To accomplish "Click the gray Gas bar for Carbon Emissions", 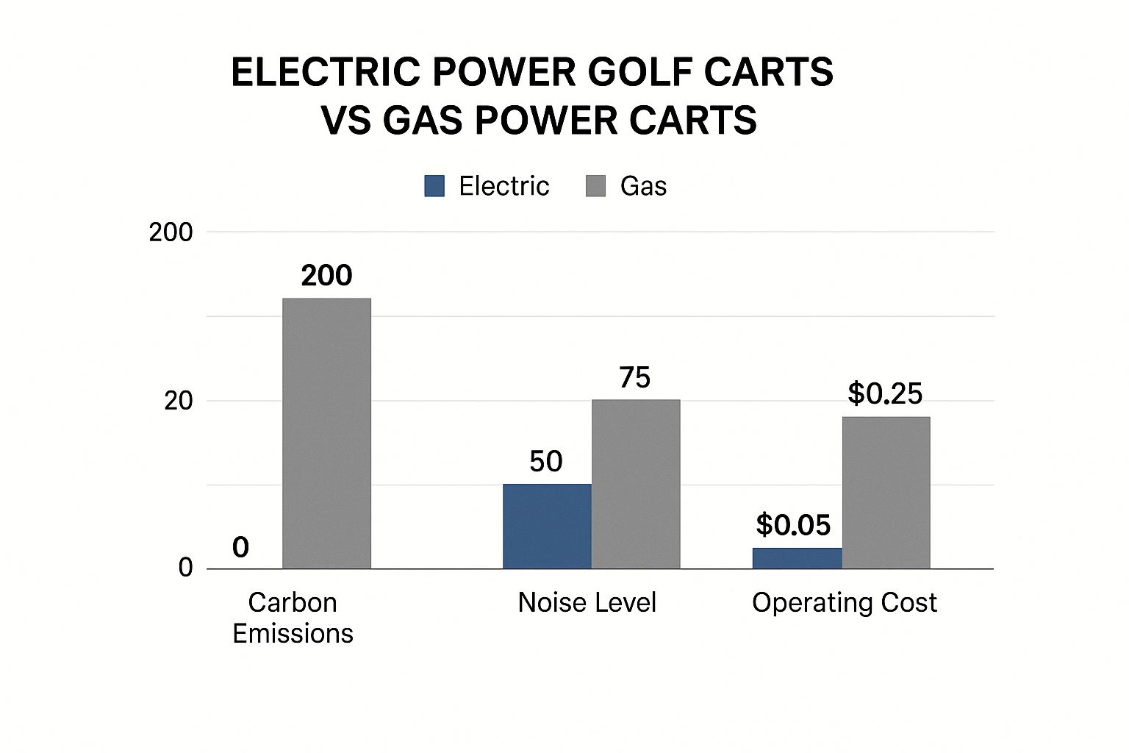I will (x=326, y=433).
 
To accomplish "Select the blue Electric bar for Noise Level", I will (x=547, y=526).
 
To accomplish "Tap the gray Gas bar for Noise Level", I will (x=636, y=484).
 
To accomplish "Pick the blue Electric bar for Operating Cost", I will (x=797, y=558).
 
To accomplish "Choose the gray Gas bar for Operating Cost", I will (x=886, y=493).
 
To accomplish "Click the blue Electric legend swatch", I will (x=434, y=186).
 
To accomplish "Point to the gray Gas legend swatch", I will (x=595, y=186).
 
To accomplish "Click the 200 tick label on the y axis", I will (x=171, y=232).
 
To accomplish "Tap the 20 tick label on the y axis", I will (x=178, y=401).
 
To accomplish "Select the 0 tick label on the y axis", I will (x=185, y=568).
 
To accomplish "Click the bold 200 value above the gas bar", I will (x=326, y=276).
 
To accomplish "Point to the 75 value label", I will (x=635, y=378).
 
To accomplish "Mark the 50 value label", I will (x=546, y=462).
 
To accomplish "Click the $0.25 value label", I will (x=885, y=394).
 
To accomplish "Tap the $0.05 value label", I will (x=793, y=525).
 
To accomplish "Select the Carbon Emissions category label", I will (x=293, y=618).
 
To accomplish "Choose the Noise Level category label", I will (x=587, y=603).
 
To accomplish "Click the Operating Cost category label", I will (x=844, y=603).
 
